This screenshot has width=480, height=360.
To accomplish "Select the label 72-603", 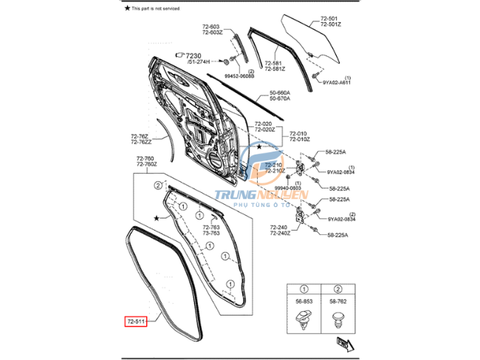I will point(212,27).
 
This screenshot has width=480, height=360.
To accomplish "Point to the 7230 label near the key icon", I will point(193,55).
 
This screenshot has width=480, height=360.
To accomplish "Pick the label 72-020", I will point(264,123).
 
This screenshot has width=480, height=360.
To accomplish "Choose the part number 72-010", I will point(299,133).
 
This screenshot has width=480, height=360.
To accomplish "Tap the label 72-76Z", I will point(139,136).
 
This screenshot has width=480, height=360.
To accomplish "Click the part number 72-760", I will point(145,158).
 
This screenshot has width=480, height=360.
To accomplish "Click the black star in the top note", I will point(126,7).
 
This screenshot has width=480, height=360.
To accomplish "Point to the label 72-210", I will point(273,165).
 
